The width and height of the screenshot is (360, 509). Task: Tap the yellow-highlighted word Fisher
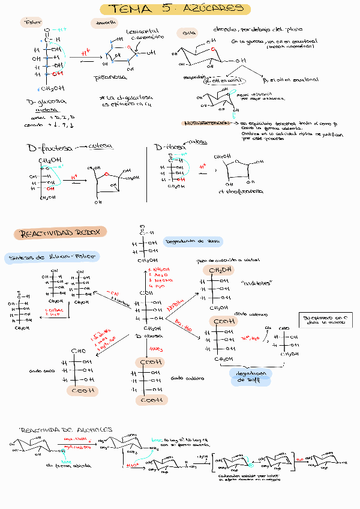[x=31, y=23]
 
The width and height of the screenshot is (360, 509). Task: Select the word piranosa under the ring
[x=111, y=78]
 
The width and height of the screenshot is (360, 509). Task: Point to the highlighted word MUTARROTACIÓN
[x=206, y=122]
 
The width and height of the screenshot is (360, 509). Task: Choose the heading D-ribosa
[x=170, y=147]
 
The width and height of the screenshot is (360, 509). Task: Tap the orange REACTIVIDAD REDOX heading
[x=60, y=233]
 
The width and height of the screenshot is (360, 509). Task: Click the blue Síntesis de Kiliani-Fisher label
[x=52, y=257]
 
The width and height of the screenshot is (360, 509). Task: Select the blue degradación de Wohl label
[x=192, y=241]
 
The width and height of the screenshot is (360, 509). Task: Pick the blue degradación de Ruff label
[x=250, y=376]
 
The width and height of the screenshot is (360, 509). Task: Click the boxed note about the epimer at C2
[x=325, y=319]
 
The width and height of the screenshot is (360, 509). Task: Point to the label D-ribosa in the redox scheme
[x=146, y=336]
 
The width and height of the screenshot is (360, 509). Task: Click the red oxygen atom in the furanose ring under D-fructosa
[x=107, y=175]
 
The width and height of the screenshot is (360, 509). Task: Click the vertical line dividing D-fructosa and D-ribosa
[x=148, y=174]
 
